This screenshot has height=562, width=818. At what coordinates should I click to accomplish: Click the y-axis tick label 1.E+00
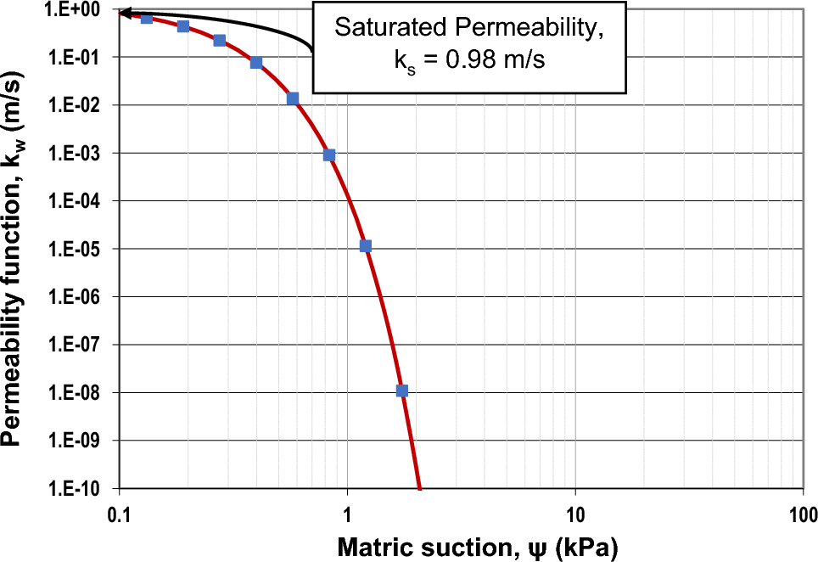tap(77, 9)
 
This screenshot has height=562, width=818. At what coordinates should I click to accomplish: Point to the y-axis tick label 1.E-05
tap(77, 250)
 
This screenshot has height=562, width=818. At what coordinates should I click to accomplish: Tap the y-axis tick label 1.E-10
tap(77, 490)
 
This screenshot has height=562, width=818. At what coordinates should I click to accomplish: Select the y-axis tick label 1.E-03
tap(77, 154)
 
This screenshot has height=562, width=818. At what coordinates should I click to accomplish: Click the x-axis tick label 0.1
tap(119, 513)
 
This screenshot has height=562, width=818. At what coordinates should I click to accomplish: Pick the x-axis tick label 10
tap(575, 513)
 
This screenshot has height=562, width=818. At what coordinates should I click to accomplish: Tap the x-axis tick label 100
tap(803, 513)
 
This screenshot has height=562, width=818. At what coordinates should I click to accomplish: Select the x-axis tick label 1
tap(347, 513)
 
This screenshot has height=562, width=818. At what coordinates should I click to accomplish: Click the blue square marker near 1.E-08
tap(402, 391)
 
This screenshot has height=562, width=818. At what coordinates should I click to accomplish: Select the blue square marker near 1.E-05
tap(366, 246)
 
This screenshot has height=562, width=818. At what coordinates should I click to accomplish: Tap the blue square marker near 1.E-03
tap(329, 155)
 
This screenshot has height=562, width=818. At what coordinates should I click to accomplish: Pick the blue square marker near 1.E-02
tap(293, 98)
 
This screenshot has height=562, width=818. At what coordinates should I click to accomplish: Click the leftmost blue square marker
tap(147, 19)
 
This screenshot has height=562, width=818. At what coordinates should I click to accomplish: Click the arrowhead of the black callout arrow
tap(124, 13)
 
